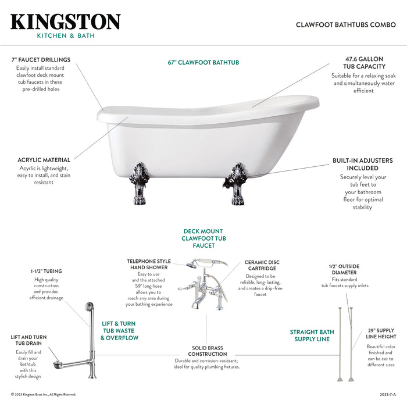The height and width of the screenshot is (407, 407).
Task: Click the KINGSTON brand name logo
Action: pos(65,22)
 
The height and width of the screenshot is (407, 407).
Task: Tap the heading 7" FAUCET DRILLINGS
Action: pos(41,60)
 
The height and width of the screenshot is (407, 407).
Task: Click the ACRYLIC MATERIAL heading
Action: pos(44,160)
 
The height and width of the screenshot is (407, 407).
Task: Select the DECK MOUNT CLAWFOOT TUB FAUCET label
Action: pos(203,238)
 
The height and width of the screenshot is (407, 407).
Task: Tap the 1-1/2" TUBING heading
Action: pos(47,271)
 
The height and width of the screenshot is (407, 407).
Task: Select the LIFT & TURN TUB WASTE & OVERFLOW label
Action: pos(119,331)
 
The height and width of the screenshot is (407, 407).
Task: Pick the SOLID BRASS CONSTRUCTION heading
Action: pos(208,351)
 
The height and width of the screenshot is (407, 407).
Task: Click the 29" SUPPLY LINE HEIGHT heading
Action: pos(381,333)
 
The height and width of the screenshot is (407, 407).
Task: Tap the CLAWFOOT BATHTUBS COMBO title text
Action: pos(345,25)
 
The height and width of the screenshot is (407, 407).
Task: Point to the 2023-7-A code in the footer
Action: pos(387,394)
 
